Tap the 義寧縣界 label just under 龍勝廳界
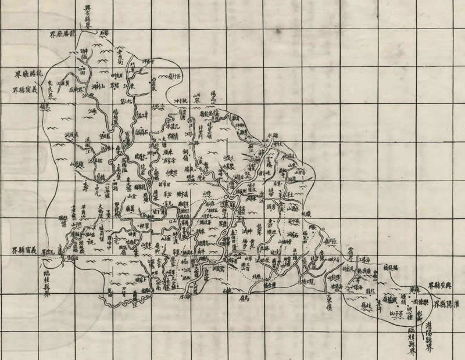coord(28,91)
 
